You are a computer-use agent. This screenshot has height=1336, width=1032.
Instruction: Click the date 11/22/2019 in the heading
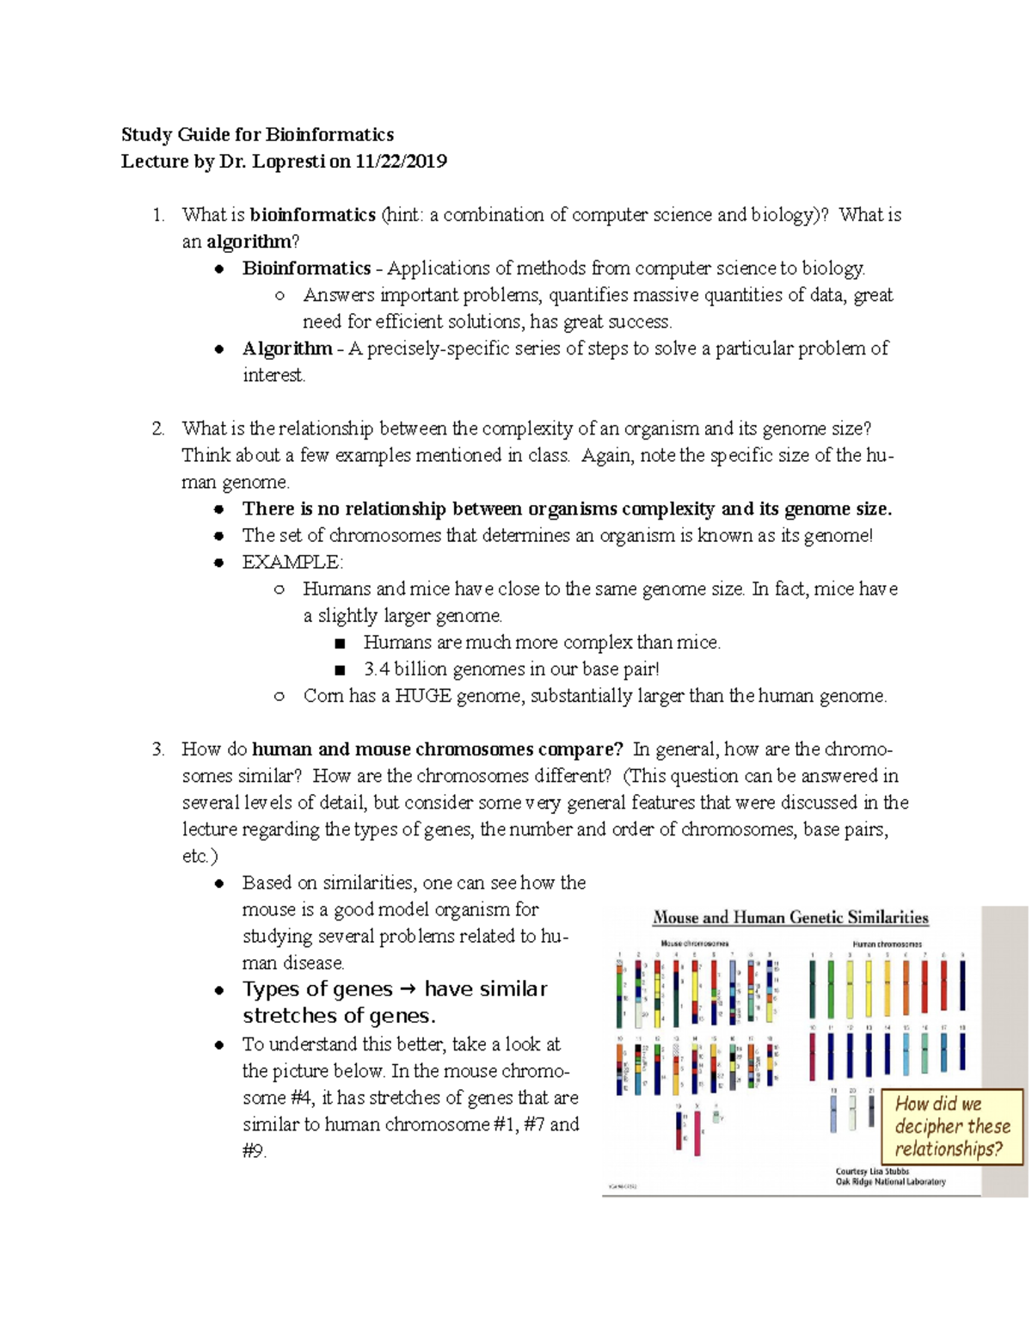(401, 162)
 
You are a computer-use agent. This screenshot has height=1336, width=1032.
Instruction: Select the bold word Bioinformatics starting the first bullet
(306, 268)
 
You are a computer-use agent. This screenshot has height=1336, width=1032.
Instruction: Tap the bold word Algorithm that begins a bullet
(287, 348)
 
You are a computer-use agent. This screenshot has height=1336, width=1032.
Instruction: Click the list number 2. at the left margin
(157, 428)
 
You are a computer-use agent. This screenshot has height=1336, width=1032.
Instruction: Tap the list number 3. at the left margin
(157, 749)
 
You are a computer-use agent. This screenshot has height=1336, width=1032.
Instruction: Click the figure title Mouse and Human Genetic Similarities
(790, 918)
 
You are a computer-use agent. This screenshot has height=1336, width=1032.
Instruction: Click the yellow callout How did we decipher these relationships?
(952, 1126)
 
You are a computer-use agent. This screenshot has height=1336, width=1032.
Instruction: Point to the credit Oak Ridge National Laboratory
(890, 1182)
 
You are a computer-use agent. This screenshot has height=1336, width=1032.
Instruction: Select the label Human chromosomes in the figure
(887, 944)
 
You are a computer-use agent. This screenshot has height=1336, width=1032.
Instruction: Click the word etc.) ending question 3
(200, 857)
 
